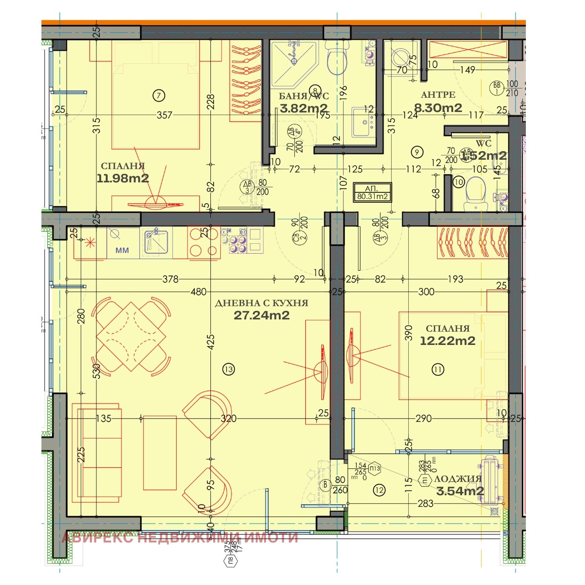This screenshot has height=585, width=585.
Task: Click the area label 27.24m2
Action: click(x=261, y=316)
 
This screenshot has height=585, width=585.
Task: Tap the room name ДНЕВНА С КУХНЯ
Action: click(x=261, y=303)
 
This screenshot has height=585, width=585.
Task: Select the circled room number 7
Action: click(x=159, y=96)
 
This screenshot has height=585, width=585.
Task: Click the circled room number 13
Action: click(x=229, y=369)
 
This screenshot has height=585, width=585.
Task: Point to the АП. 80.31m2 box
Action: click(x=372, y=192)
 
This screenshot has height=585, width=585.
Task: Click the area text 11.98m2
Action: click(x=122, y=178)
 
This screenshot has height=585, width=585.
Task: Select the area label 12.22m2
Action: click(x=447, y=341)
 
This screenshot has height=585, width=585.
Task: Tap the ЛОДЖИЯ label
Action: click(x=457, y=479)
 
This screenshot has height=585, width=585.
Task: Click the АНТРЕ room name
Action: click(x=438, y=95)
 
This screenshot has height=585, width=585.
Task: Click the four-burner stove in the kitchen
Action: click(x=204, y=242)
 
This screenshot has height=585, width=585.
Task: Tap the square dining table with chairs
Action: click(x=131, y=336)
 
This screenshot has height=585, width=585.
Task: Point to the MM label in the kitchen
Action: click(x=122, y=250)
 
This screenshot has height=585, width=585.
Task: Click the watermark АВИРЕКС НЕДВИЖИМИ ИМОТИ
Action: click(x=180, y=537)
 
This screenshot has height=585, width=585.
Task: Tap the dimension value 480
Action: click(x=198, y=292)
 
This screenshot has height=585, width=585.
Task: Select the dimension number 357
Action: click(x=164, y=115)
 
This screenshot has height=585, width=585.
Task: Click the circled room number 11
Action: click(x=438, y=370)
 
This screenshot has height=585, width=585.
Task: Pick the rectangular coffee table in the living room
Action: click(x=160, y=453)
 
